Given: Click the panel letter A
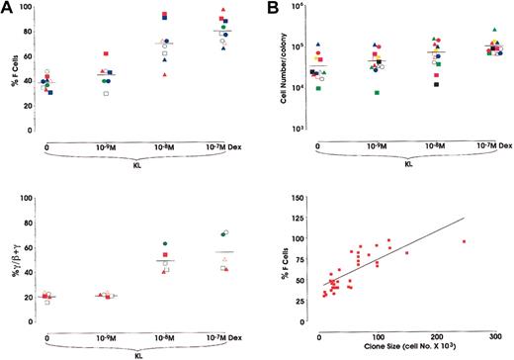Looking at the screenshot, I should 7,9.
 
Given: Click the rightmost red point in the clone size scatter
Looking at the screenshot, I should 463,241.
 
